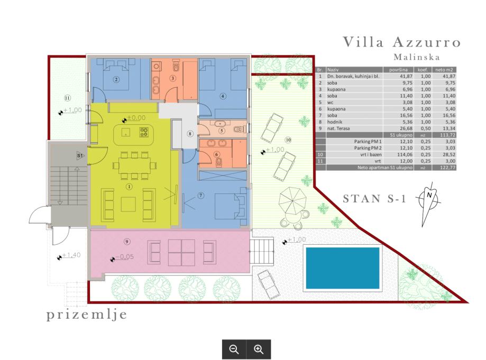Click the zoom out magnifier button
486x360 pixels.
pyautogui.click(x=234, y=349)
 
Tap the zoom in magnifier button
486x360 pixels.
pyautogui.click(x=259, y=349)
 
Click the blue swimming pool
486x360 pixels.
pyautogui.click(x=343, y=268)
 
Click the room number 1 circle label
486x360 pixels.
pyautogui.click(x=129, y=187)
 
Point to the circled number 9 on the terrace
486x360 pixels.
pyautogui.click(x=127, y=242)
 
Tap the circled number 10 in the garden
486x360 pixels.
pyautogui.click(x=288, y=140)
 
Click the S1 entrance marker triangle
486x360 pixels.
pyautogui.click(x=80, y=156)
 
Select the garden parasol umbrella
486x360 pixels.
pyautogui.click(x=292, y=201)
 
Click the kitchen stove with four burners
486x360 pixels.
pyautogui.click(x=144, y=132)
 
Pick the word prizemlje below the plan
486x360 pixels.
pyautogui.click(x=87, y=315)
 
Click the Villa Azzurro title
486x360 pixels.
pyautogui.click(x=402, y=42)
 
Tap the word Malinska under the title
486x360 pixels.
pyautogui.click(x=417, y=57)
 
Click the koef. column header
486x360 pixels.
pyautogui.click(x=423, y=70)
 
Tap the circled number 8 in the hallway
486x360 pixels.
pyautogui.click(x=190, y=134)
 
